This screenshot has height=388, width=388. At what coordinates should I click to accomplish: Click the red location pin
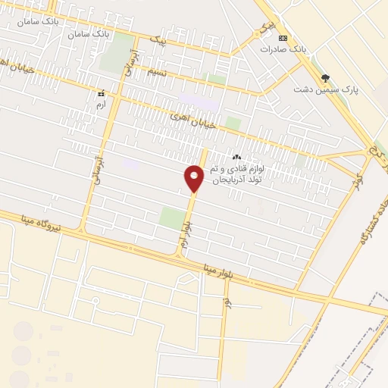coord(194,178)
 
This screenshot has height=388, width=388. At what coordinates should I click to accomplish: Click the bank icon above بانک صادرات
coord(283,37)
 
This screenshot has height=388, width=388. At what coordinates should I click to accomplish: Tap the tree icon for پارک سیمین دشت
coord(326,77)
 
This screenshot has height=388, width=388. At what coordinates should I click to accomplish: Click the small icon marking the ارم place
coord(101,94)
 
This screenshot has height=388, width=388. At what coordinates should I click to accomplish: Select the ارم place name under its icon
coord(102,105)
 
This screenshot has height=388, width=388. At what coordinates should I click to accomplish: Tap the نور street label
coord(225,303)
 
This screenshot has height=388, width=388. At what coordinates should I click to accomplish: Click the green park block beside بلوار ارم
coord(172,219)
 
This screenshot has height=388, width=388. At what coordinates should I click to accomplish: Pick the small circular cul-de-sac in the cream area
coord(96,300)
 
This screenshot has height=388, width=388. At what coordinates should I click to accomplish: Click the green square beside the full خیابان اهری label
coord(233,123)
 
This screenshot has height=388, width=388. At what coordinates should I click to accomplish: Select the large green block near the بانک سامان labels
coord(117,53)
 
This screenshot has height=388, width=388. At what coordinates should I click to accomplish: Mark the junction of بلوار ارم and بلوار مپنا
coord(179,256)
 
